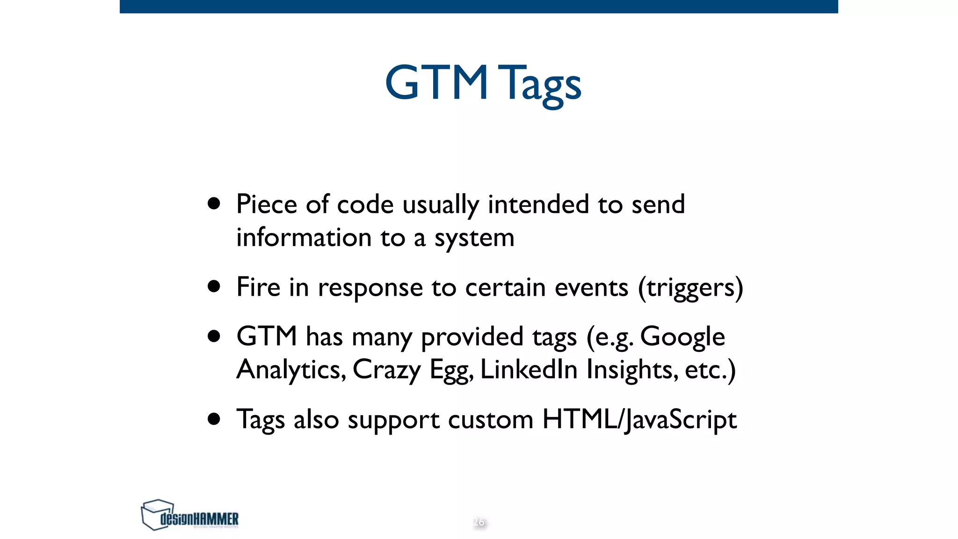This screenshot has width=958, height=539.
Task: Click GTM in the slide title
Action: [x=436, y=83]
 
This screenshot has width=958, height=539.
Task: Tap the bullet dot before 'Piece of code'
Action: [x=214, y=204]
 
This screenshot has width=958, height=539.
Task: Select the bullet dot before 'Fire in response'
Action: [x=214, y=286]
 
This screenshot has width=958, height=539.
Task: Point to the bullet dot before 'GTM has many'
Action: [x=214, y=336]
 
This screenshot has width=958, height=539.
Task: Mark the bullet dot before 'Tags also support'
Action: [x=214, y=419]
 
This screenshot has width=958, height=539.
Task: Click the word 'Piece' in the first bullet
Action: [x=267, y=204]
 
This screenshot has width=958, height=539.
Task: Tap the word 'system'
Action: [x=474, y=238]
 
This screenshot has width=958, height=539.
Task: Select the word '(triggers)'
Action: [x=690, y=288]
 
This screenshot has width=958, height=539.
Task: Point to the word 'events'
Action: [x=591, y=287]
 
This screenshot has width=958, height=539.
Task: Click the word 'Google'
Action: [x=682, y=337]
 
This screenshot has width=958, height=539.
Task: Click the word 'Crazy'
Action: [x=387, y=370]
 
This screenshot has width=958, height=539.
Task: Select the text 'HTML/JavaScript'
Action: [x=639, y=419]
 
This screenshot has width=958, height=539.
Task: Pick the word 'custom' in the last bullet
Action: [x=491, y=420]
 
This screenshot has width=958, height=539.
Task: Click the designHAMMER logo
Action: [x=190, y=515]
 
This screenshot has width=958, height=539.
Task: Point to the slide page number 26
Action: [x=479, y=522]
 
